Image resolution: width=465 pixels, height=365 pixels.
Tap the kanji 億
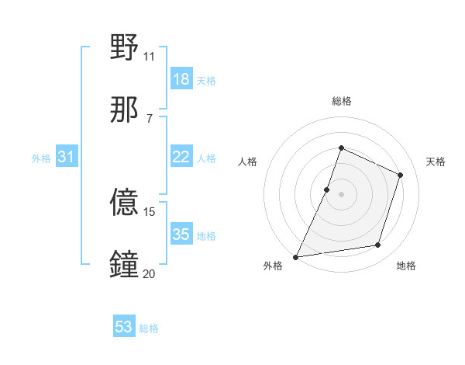pyautogui.click(x=125, y=203)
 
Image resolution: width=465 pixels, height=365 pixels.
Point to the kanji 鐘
pyautogui.click(x=125, y=264)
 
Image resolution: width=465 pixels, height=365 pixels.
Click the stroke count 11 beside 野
pyautogui.click(x=149, y=56)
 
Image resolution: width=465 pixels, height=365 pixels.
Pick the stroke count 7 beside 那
pyautogui.click(x=149, y=118)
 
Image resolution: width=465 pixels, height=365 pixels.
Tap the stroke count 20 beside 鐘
pyautogui.click(x=149, y=273)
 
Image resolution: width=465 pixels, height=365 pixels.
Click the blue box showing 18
pyautogui.click(x=181, y=79)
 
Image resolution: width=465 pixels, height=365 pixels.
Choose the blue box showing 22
pyautogui.click(x=181, y=157)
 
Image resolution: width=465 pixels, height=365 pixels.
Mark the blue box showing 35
pyautogui.click(x=181, y=235)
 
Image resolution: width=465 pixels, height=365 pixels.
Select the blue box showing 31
pyautogui.click(x=67, y=157)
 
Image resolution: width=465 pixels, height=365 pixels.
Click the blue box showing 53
pyautogui.click(x=124, y=327)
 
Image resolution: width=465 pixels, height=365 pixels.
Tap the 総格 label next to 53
pyautogui.click(x=149, y=328)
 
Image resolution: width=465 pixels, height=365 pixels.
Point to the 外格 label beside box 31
pyautogui.click(x=41, y=158)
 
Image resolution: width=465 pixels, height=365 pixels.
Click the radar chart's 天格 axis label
pyautogui.click(x=436, y=162)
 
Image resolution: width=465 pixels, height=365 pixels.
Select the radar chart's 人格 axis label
pyautogui.click(x=247, y=162)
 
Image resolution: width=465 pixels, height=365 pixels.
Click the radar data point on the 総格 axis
pyautogui.click(x=341, y=148)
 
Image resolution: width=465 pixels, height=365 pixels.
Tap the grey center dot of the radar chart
pyautogui.click(x=341, y=194)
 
